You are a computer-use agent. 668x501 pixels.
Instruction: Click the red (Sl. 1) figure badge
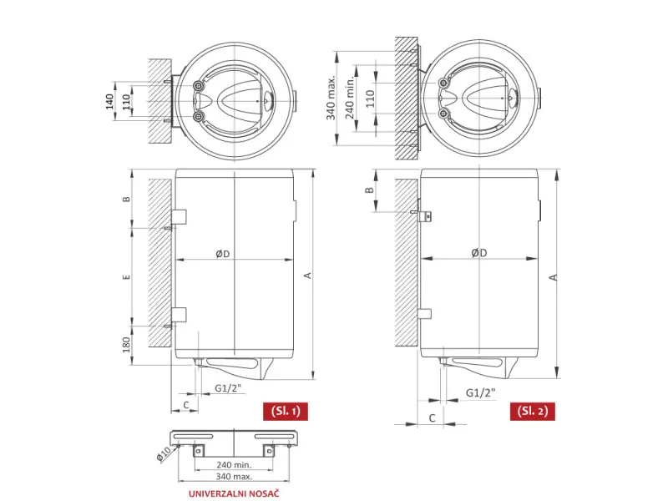coord(286,411)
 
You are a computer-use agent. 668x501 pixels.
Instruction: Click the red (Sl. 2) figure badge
coord(533,411)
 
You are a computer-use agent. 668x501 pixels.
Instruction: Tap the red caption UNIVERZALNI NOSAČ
coord(234,493)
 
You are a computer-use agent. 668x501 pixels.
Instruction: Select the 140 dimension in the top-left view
coord(109,101)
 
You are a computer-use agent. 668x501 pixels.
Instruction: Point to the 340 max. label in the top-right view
coord(331,98)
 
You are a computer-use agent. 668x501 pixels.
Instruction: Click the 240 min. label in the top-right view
coord(350,98)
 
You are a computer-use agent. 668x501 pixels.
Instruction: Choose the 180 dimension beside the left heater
coord(127,345)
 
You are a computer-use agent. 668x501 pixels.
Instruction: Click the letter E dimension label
coord(126,277)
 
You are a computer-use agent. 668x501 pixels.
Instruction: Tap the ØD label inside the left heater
coord(222,254)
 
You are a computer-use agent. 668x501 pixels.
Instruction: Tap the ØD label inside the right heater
coord(479,253)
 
